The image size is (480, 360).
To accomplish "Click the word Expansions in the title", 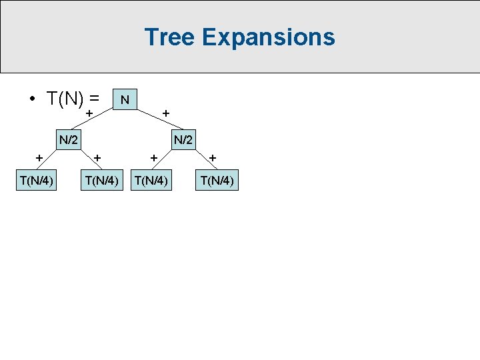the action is point(268,37).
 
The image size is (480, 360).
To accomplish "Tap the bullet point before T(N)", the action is point(31,99).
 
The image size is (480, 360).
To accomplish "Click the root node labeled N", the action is point(125,99).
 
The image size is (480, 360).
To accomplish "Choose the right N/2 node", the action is point(183,140).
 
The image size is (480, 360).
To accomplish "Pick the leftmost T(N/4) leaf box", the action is point(37,180).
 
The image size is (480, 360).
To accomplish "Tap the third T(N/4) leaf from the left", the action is point(153,180).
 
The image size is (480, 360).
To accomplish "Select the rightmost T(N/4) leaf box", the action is point(217,180).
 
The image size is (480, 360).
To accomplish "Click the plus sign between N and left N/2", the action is point(89,115).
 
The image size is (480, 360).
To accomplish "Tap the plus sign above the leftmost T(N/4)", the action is point(40,158).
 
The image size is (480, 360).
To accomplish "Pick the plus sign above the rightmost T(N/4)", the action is point(213,158).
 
